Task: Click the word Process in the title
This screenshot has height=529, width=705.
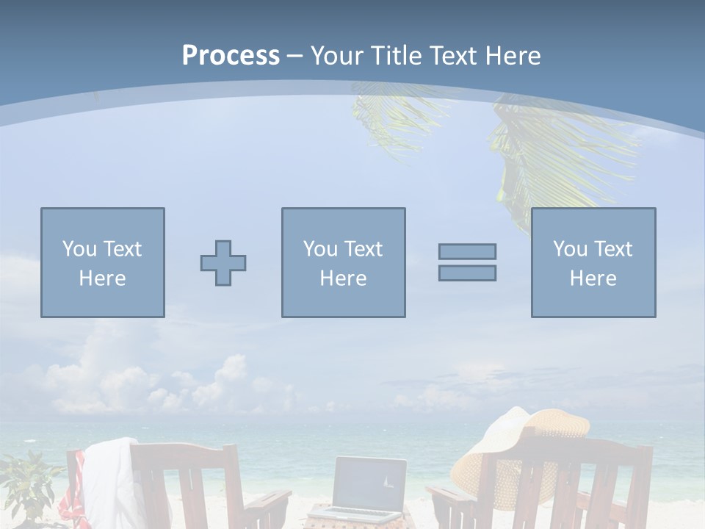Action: click(x=231, y=56)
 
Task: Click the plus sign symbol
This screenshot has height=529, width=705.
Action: click(x=223, y=263)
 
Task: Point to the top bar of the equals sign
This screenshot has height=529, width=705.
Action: click(x=467, y=251)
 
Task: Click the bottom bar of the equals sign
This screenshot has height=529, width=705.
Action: click(x=467, y=273)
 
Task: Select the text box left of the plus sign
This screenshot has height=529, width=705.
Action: click(x=103, y=263)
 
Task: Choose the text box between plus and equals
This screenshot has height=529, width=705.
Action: click(x=343, y=263)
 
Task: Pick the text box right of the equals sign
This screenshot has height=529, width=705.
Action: click(x=593, y=263)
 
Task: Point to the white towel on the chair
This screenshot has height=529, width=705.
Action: click(x=110, y=478)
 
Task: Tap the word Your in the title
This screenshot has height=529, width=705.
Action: click(x=335, y=56)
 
